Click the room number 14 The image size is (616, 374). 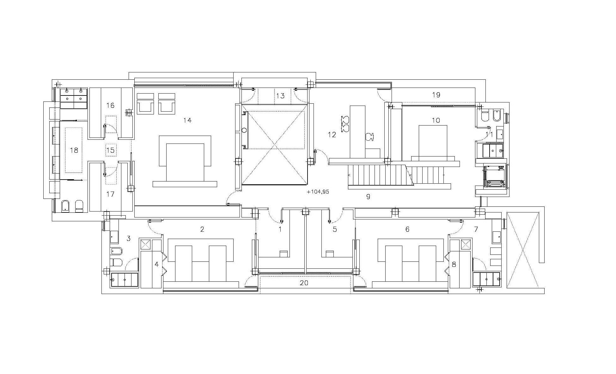[x=187, y=120]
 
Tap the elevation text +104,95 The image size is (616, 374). [x=318, y=192]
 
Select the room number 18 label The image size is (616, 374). [x=74, y=150]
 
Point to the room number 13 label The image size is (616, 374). [x=281, y=95]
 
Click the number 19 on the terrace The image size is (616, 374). [x=436, y=95]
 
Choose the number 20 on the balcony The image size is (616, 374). [x=304, y=283]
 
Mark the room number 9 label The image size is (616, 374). [x=368, y=197]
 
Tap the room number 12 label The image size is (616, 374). [x=332, y=135]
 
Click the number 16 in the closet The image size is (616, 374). [x=110, y=105]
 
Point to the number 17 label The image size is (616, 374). [x=110, y=194]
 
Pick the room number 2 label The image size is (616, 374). [x=202, y=229]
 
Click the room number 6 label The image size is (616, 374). [x=407, y=229]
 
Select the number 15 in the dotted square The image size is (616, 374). [x=110, y=150]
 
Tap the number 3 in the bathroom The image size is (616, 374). [x=128, y=238]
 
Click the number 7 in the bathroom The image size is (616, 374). [x=476, y=229]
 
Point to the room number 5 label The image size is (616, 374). [x=335, y=229]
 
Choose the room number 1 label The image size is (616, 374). [x=280, y=229]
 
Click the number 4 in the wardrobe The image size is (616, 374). [x=156, y=264]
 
